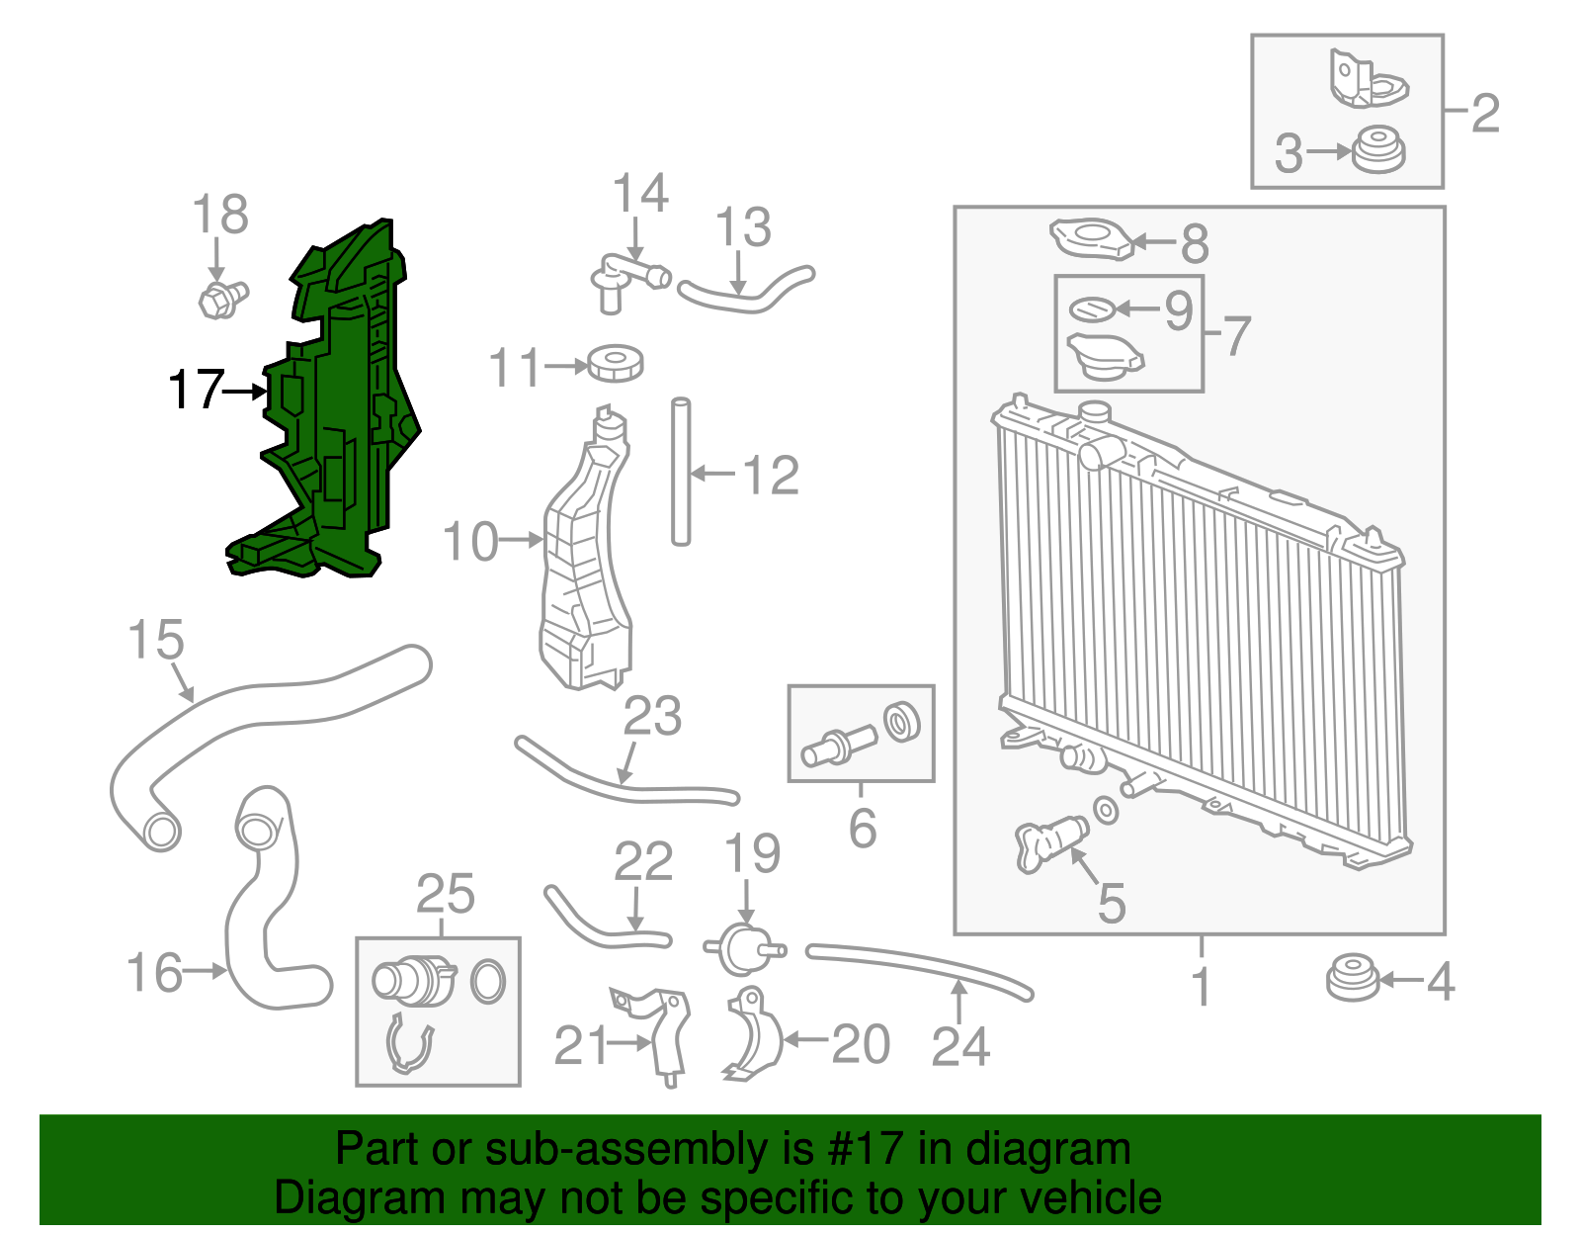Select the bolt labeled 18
coord(222,299)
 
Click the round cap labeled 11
coord(616,363)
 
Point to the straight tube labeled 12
coord(681,472)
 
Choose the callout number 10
coord(470,542)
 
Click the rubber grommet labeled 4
coord(1353,979)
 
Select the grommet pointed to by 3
coord(1378,150)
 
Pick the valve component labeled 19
coord(745,949)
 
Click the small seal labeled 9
coord(1092,309)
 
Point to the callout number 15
coord(156,639)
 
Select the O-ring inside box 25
coord(488,982)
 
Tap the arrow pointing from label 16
coord(205,970)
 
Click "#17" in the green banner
coord(860,1150)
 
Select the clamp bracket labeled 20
coord(753,1032)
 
